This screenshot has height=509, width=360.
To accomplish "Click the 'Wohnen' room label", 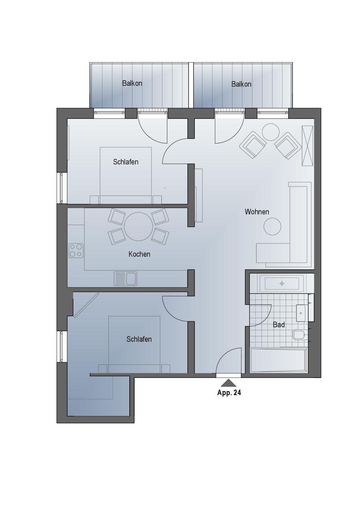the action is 257,212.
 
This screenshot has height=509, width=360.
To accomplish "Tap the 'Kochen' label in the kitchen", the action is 139,254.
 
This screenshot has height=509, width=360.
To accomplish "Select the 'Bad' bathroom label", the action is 279,325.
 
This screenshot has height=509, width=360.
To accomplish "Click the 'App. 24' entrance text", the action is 229,393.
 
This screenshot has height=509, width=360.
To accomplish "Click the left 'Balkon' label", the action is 132,83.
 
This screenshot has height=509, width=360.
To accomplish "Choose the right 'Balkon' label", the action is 242,84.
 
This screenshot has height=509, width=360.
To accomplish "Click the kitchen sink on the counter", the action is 125,279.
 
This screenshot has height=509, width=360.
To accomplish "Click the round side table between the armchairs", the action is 271,132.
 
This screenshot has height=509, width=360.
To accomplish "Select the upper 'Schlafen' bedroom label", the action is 126,162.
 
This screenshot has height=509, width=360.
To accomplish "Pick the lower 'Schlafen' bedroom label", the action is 139,339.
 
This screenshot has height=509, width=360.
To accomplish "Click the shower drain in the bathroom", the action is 282,283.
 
